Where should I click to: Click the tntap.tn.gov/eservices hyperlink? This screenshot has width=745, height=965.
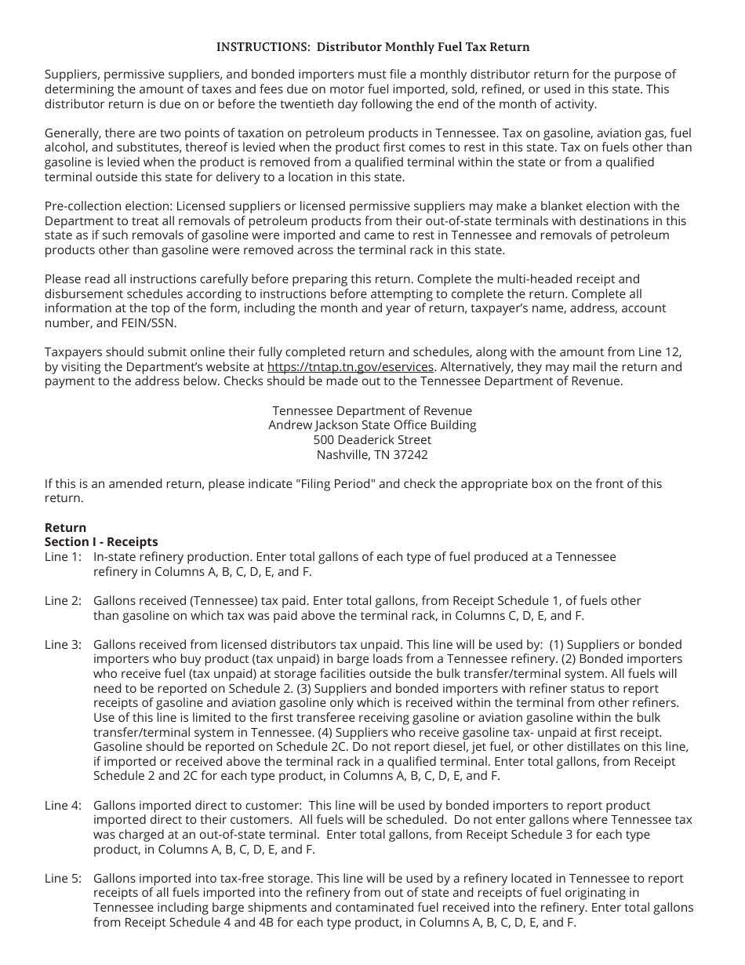pos(350,367)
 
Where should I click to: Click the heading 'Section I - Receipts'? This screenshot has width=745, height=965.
pos(101,541)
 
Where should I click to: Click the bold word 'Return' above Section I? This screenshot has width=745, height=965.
pos(65,527)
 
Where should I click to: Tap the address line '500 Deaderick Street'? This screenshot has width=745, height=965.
pos(372,440)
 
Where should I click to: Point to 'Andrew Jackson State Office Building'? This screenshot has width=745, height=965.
pos(372,425)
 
